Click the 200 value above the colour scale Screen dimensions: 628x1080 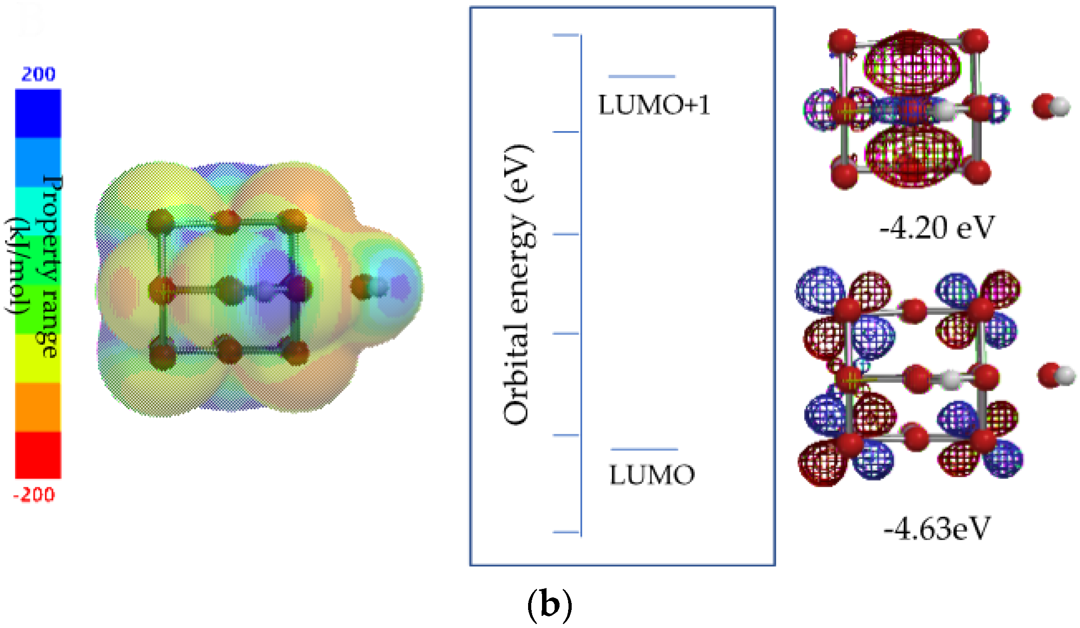38,74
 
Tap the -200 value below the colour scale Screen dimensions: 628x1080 34,495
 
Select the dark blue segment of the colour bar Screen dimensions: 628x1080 38,113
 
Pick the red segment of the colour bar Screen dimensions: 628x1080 38,455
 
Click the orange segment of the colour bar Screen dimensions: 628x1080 38,407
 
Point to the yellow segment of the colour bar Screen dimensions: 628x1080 38,358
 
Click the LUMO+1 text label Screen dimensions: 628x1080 654,105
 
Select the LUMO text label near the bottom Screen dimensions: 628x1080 652,475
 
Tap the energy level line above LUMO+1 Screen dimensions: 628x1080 641,77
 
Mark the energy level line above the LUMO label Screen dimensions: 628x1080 644,449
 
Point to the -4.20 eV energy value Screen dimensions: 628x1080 937,228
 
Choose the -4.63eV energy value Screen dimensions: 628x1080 937,528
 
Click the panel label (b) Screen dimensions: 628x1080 549,604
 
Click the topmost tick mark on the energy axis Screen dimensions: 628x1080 566,35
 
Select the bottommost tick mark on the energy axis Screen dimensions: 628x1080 566,532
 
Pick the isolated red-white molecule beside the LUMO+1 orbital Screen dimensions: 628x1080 1051,106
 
